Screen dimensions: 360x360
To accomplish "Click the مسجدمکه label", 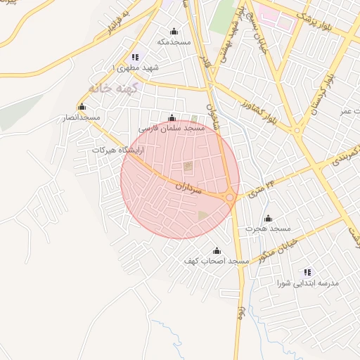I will click(x=174, y=42).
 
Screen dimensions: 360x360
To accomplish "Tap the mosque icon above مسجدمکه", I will click(x=174, y=31).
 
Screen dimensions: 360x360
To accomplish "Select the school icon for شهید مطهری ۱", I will click(x=135, y=57).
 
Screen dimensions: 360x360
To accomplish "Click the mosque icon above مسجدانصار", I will click(x=82, y=107).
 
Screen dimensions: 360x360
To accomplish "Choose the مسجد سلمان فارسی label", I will click(x=172, y=129).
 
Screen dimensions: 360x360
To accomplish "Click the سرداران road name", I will click(x=188, y=189).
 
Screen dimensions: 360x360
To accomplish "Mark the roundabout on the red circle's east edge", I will click(x=230, y=198).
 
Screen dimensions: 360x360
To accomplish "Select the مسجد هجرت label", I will click(x=268, y=229).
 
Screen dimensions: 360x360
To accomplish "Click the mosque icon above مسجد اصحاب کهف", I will click(x=217, y=250).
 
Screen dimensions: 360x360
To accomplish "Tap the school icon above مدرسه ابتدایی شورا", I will click(x=307, y=271).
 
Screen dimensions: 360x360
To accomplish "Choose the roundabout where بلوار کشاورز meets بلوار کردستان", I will click(x=297, y=131).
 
